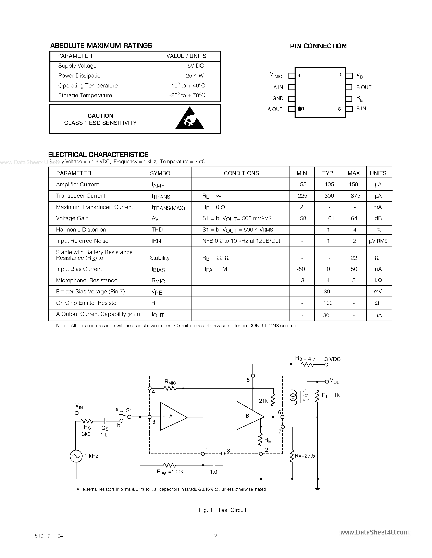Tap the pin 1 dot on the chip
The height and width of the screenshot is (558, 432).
tap(300, 109)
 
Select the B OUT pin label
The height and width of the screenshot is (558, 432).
tap(364, 87)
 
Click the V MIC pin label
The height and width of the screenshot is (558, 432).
tap(276, 75)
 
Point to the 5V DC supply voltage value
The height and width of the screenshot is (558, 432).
tap(196, 66)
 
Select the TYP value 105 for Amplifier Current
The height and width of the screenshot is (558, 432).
tap(329, 184)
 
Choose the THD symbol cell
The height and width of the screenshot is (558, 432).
tap(157, 229)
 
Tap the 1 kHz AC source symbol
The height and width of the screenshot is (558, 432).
tap(76, 456)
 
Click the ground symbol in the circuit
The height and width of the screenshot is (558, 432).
tap(318, 489)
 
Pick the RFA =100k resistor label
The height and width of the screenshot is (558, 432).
tap(170, 472)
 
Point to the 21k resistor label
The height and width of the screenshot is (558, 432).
tap(263, 401)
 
